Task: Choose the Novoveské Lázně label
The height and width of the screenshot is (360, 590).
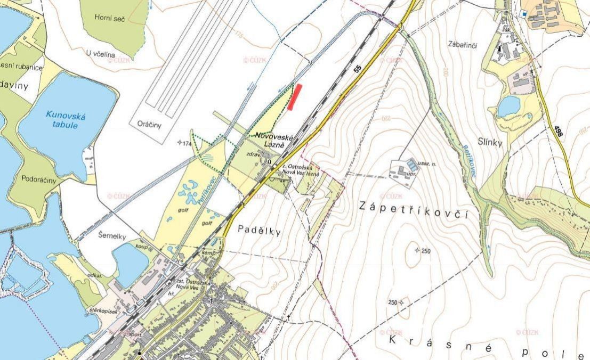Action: (275, 140)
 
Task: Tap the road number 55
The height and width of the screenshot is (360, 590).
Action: (357, 68)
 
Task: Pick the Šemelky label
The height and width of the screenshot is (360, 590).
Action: (98, 233)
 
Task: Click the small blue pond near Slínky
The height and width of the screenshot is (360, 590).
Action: (508, 105)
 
